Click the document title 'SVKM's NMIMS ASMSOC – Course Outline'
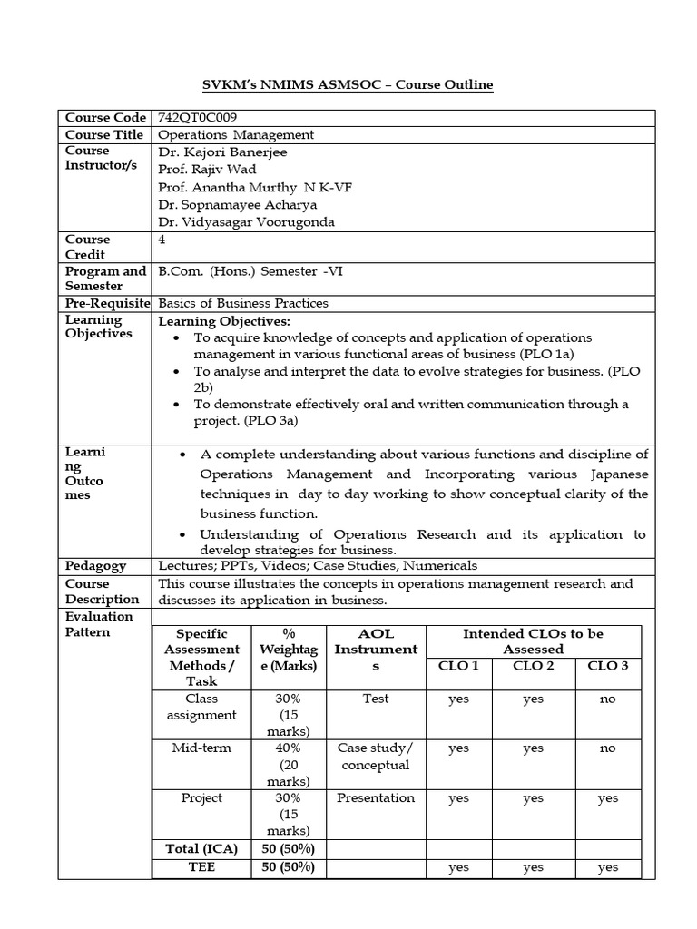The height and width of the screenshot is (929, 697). (x=347, y=84)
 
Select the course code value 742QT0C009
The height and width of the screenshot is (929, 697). (x=203, y=118)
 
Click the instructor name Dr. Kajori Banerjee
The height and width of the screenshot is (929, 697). (x=222, y=152)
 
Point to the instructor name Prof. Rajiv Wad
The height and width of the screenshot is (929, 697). (x=207, y=170)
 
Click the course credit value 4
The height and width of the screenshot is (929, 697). (x=162, y=240)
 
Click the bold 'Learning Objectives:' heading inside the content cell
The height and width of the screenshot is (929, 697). (x=224, y=321)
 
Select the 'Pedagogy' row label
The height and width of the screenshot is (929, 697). (x=94, y=565)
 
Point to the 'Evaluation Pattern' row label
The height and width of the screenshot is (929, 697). (x=99, y=624)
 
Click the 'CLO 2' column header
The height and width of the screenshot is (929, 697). (x=533, y=665)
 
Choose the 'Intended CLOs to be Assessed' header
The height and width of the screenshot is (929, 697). (x=533, y=641)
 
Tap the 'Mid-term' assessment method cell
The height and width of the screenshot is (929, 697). (x=201, y=748)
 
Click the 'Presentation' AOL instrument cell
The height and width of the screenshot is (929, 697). (x=376, y=798)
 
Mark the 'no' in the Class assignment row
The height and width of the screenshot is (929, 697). (x=607, y=699)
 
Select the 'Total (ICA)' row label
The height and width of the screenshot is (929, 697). (x=201, y=849)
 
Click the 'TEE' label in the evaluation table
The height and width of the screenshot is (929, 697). (x=201, y=867)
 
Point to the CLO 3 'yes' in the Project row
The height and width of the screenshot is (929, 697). (x=607, y=798)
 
